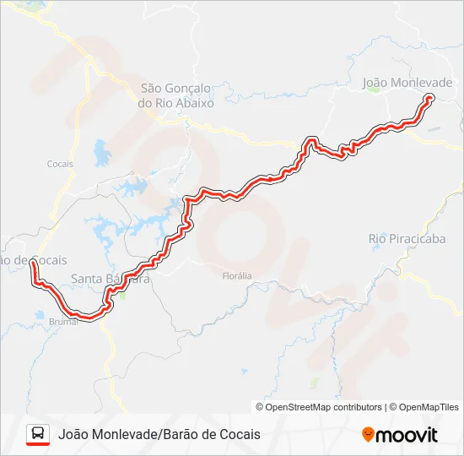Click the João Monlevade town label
(407, 83)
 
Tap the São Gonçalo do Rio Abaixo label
(177, 95)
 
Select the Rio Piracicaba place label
(407, 239)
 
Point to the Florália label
(236, 276)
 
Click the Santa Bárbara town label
(110, 279)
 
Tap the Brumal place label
(63, 322)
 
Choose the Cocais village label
(61, 164)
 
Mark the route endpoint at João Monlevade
(429, 98)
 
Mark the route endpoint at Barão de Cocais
(33, 263)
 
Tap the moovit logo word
(407, 435)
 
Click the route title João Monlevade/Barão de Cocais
(159, 434)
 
